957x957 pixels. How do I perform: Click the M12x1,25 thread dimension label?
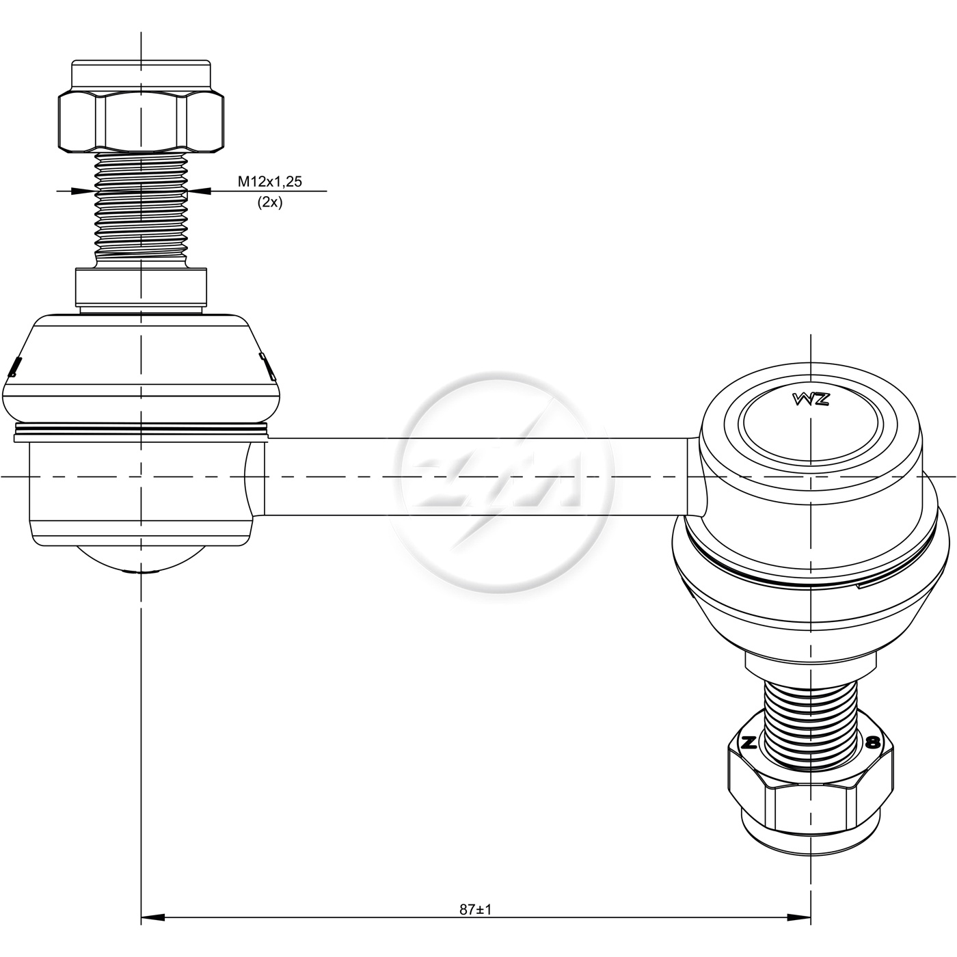[x=269, y=182]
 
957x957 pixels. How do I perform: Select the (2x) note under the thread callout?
[x=269, y=202]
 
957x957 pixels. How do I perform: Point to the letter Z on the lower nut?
[x=749, y=756]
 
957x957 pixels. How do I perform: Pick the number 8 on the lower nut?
[x=872, y=756]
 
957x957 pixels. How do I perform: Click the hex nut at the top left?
[x=141, y=122]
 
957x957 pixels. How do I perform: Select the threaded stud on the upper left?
[x=141, y=210]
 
